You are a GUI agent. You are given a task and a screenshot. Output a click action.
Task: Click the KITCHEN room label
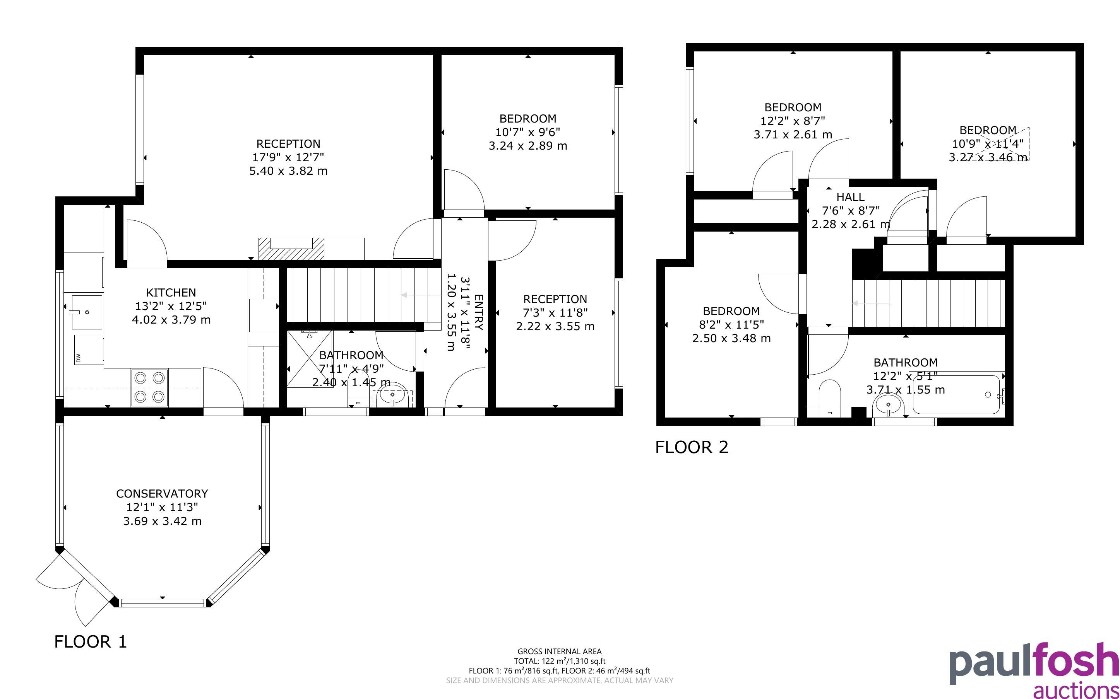pyautogui.click(x=171, y=292)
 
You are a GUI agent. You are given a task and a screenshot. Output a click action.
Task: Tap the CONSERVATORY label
pyautogui.click(x=162, y=493)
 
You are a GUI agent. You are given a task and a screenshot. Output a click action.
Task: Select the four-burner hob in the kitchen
pyautogui.click(x=149, y=387)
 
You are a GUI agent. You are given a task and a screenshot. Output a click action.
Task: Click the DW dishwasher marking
pyautogui.click(x=78, y=358)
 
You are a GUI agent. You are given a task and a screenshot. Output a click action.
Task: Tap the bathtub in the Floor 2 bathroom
pyautogui.click(x=957, y=395)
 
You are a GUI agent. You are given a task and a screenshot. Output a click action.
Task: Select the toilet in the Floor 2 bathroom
pyautogui.click(x=829, y=397)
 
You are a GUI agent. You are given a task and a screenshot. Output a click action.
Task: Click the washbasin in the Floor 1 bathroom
pyautogui.click(x=392, y=397)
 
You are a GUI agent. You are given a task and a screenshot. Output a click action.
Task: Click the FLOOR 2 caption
pyautogui.click(x=692, y=447)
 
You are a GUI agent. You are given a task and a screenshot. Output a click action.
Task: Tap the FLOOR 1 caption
pyautogui.click(x=90, y=641)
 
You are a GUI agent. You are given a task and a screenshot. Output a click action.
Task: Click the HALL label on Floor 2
pyautogui.click(x=850, y=197)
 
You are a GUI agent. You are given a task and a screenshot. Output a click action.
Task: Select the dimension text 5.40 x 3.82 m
pyautogui.click(x=288, y=171)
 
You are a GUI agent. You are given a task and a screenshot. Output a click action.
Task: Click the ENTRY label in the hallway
pyautogui.click(x=479, y=312)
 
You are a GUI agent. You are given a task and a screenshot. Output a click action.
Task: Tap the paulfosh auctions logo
pyautogui.click(x=1034, y=670)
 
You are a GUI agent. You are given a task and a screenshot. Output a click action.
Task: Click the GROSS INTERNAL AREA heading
pyautogui.click(x=559, y=651)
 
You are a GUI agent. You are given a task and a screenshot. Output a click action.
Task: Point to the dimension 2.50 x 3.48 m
pyautogui.click(x=731, y=338)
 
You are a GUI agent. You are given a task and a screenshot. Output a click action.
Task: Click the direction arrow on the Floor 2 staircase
pyautogui.click(x=871, y=303)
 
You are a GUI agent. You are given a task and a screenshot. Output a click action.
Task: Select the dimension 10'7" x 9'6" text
pyautogui.click(x=527, y=132)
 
